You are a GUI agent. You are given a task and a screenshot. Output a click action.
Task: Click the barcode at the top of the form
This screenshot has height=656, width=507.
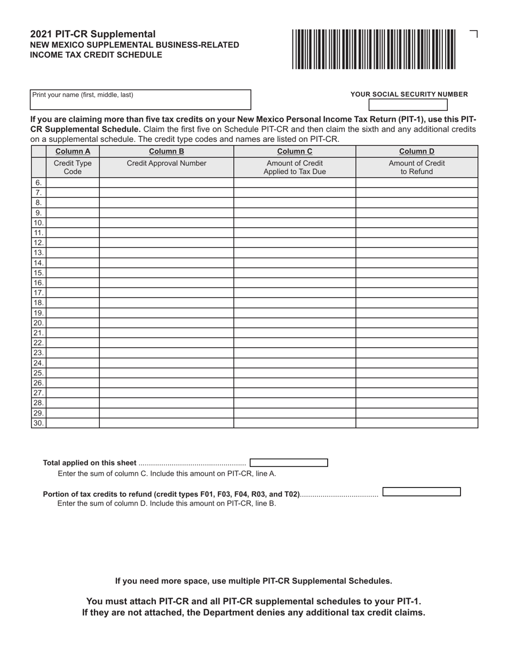374,50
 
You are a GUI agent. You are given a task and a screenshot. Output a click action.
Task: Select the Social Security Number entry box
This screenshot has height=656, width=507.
408,105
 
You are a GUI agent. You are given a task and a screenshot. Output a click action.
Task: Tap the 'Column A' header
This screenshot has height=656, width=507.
73,151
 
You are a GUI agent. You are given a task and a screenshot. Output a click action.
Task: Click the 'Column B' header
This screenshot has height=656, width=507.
166,151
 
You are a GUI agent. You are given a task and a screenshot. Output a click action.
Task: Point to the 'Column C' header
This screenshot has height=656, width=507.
295,151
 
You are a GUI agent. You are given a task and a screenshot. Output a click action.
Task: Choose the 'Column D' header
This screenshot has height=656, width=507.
417,151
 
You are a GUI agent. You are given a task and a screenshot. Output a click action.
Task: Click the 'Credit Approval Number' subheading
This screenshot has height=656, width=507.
166,163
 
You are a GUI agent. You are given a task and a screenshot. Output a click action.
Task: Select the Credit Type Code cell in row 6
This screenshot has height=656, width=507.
73,182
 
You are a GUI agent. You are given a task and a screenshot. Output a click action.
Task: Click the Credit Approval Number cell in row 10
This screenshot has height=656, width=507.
166,223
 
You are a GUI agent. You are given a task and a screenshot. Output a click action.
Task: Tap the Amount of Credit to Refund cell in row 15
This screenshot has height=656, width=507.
417,273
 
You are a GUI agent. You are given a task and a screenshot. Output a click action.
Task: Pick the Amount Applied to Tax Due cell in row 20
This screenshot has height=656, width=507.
295,323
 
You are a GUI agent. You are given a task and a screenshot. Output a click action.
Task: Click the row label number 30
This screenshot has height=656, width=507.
38,423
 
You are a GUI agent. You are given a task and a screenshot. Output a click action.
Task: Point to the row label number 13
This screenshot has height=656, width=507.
38,253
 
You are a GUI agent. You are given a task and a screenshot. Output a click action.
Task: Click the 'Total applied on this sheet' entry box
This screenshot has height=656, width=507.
289,463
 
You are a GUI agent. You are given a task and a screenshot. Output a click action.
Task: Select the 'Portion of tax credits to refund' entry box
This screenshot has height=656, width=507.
422,492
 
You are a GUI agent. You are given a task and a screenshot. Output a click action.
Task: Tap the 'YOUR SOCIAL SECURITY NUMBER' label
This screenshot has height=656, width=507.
409,94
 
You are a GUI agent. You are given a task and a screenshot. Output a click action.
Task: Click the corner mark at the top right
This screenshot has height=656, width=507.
474,34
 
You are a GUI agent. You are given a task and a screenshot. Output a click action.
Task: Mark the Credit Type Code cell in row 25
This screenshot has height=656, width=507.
73,373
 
